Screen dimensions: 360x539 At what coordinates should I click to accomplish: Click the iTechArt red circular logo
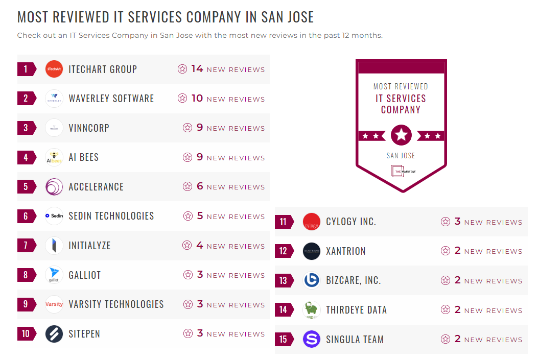pyautogui.click(x=54, y=69)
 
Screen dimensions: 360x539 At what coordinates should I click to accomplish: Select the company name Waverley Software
pyautogui.click(x=111, y=99)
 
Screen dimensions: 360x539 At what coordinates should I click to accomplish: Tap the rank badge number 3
pyautogui.click(x=26, y=128)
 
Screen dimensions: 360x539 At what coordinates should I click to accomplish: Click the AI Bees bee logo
pyautogui.click(x=54, y=157)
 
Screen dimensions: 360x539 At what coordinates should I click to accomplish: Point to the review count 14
pyautogui.click(x=197, y=69)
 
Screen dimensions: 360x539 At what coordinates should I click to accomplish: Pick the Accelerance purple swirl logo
pyautogui.click(x=54, y=186)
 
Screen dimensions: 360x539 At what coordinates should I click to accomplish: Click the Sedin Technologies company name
pyautogui.click(x=111, y=216)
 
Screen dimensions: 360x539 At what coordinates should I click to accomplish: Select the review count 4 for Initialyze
pyautogui.click(x=200, y=246)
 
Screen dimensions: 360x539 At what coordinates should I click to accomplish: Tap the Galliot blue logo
pyautogui.click(x=54, y=275)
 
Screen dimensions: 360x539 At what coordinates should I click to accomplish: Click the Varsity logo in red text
pyautogui.click(x=54, y=304)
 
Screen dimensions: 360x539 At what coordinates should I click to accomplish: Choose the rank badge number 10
pyautogui.click(x=26, y=334)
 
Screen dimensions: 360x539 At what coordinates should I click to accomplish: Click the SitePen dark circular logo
pyautogui.click(x=54, y=334)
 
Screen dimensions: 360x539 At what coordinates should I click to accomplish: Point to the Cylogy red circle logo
pyautogui.click(x=312, y=222)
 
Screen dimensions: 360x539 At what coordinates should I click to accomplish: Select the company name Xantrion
pyautogui.click(x=346, y=251)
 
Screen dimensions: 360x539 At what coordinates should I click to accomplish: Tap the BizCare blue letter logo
pyautogui.click(x=312, y=280)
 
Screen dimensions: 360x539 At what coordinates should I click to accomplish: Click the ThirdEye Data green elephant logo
pyautogui.click(x=312, y=310)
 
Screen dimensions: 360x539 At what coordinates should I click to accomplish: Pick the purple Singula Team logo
pyautogui.click(x=312, y=339)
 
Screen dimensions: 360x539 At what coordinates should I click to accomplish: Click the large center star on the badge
pyautogui.click(x=401, y=135)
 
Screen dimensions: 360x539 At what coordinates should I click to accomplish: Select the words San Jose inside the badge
pyautogui.click(x=401, y=156)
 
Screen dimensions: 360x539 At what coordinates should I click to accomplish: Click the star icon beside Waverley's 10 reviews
pyautogui.click(x=182, y=99)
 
